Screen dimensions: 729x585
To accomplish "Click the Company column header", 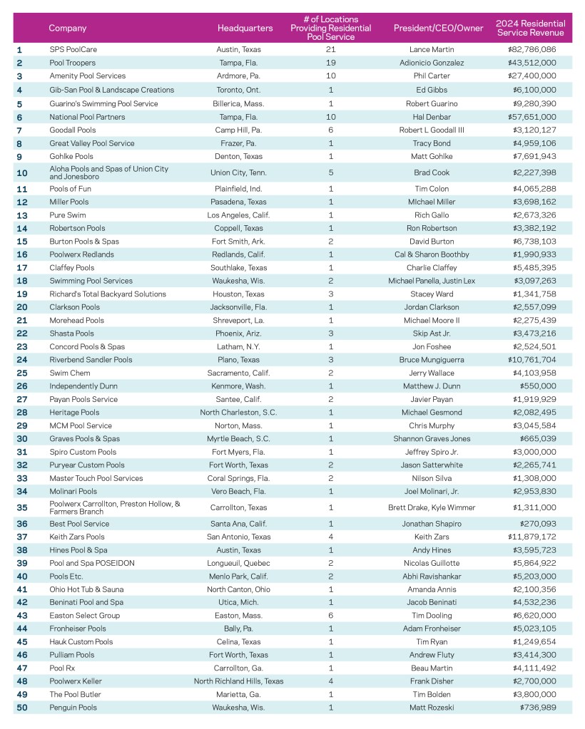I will coord(68,29).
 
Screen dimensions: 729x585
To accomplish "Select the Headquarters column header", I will coord(245,29).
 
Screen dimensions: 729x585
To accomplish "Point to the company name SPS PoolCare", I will coord(73,50).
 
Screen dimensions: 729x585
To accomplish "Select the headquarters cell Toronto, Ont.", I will coord(245,90).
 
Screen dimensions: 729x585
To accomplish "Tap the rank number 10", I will coord(21,172).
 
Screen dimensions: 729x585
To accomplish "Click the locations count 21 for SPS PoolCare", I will coord(330,50).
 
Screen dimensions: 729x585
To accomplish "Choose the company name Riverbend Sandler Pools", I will coord(91,360).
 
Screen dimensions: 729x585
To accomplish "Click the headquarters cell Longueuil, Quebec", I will coord(245,562).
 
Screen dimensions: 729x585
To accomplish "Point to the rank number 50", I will coord(21,708).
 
